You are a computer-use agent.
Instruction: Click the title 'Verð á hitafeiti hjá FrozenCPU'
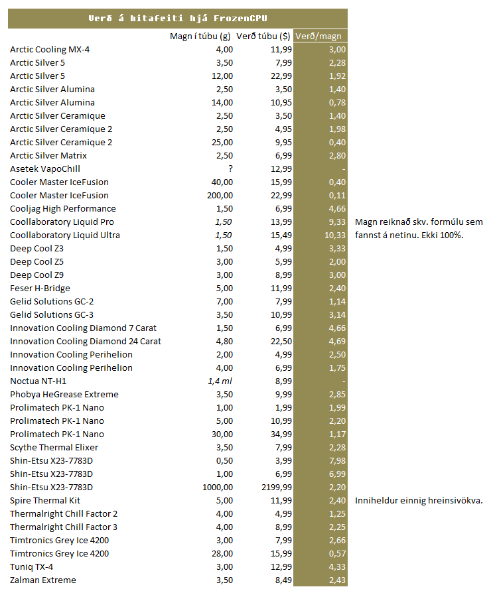177,19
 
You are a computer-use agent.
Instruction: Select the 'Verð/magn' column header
318,36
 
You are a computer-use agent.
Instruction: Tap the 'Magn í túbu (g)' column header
201,36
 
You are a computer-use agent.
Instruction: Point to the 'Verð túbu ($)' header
263,36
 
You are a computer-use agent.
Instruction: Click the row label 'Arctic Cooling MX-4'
50,49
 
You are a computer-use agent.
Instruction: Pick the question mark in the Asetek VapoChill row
230,168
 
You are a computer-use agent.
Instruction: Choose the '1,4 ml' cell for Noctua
220,381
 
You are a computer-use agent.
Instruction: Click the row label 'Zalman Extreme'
43,580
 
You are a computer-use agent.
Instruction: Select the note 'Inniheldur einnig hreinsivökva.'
419,500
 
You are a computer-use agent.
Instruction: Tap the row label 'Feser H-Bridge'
40,288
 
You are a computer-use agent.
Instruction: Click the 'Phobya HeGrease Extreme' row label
64,394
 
